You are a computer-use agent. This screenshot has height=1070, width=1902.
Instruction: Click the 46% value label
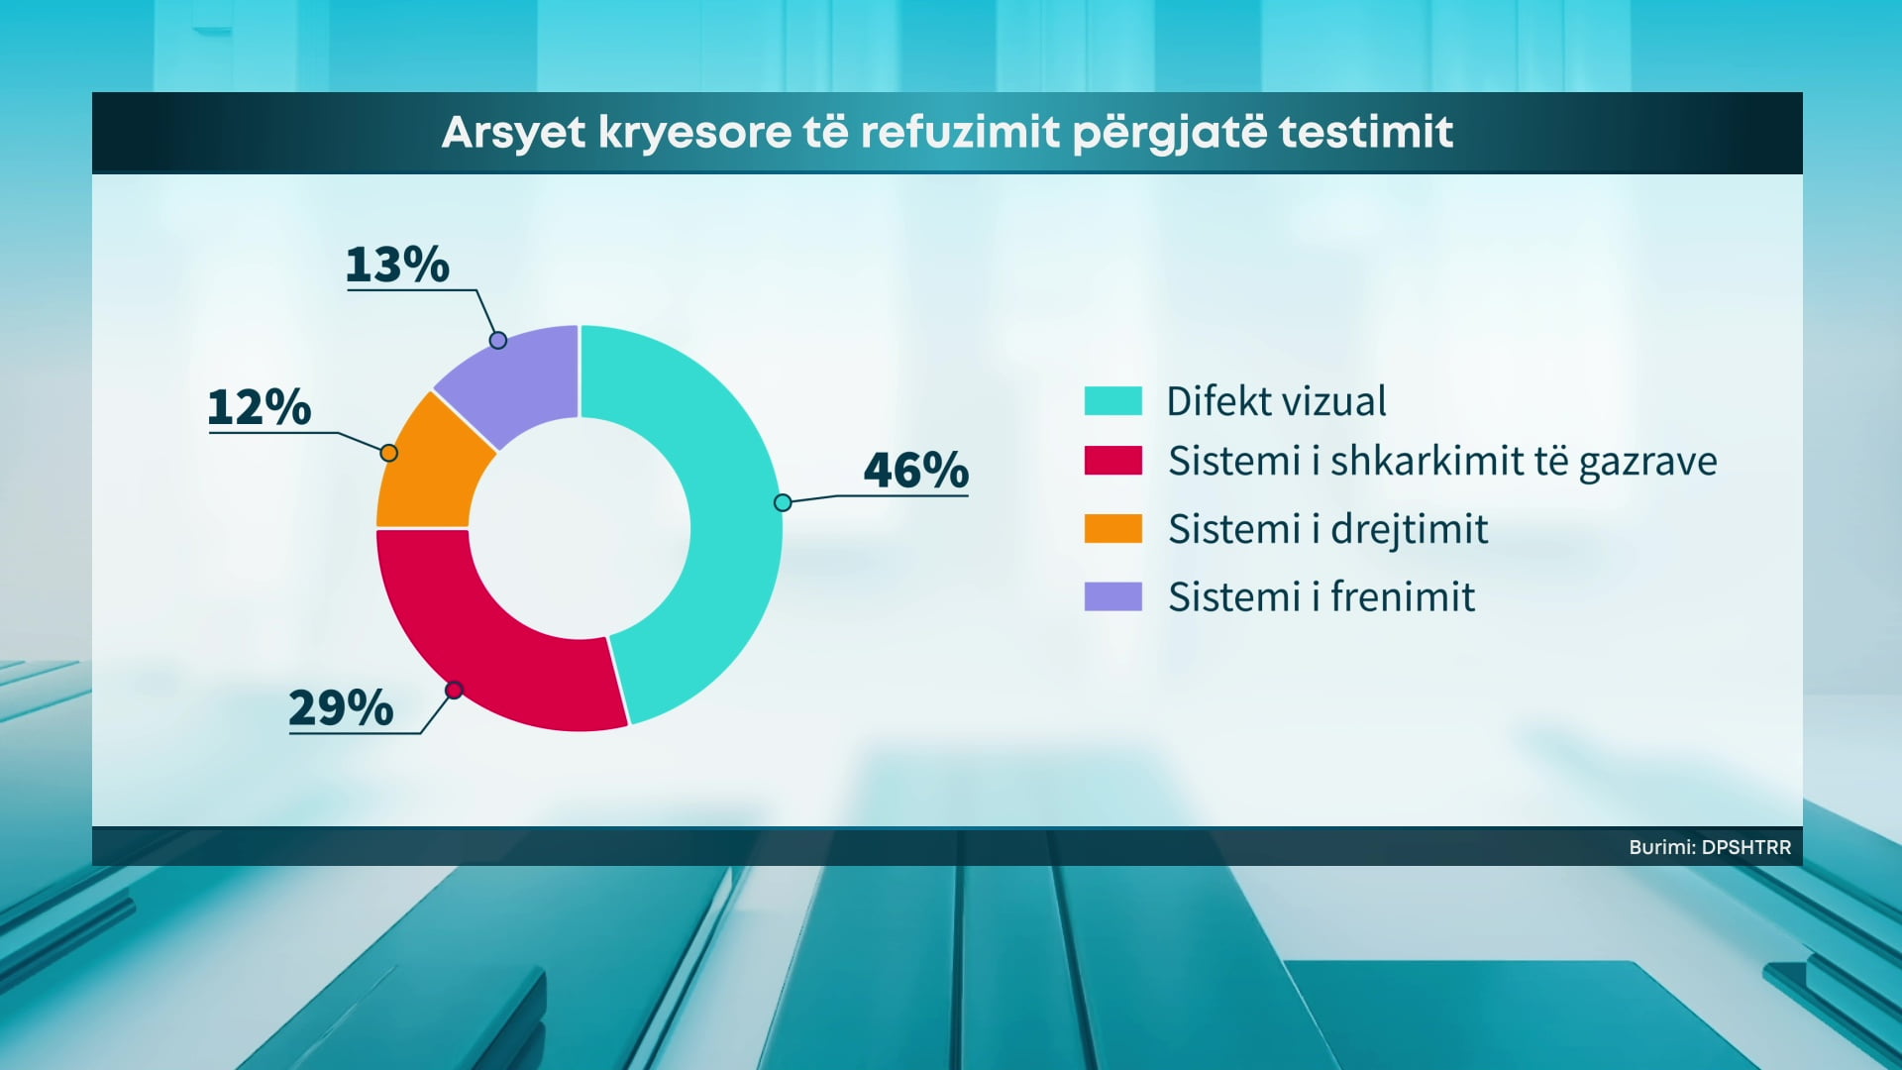pos(916,470)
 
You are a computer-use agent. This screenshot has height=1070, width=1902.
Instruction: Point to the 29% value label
pos(341,707)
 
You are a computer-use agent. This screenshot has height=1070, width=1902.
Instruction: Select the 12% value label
pos(260,407)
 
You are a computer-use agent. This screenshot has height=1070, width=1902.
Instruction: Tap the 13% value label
pos(397,265)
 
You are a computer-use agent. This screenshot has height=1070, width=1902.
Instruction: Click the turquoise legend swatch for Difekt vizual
pos(1113,400)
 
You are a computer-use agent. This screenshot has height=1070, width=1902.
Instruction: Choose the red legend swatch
pos(1113,461)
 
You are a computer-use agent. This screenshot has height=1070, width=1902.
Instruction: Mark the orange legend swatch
pos(1113,528)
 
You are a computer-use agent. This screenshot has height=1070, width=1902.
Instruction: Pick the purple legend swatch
pos(1113,596)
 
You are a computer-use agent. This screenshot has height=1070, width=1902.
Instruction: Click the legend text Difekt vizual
pos(1276,401)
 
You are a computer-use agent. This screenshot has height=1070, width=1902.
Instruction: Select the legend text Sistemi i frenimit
pos(1321,596)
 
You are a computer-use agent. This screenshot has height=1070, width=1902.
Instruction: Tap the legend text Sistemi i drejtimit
pos(1327,529)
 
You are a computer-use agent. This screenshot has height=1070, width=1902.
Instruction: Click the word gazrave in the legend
pos(1647,463)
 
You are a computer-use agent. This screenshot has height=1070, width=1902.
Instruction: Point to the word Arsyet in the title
pos(514,133)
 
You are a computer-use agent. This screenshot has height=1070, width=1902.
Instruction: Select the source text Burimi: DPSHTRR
pos(1710,847)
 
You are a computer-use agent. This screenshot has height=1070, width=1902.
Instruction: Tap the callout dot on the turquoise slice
pos(783,502)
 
